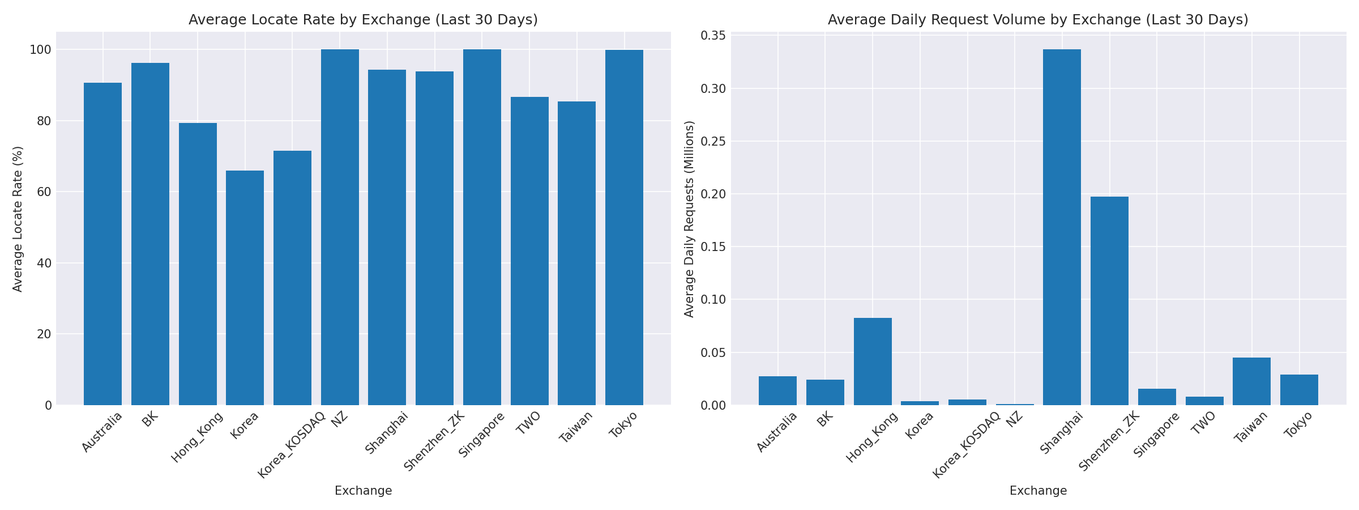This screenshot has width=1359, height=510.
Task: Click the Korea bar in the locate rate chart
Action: point(245,288)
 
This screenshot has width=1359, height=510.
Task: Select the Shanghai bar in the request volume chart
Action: point(1062,227)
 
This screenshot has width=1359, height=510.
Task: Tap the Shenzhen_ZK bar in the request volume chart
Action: point(1109,300)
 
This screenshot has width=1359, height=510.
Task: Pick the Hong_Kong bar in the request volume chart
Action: point(873,362)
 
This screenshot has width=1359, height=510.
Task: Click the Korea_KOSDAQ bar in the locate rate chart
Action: point(292,278)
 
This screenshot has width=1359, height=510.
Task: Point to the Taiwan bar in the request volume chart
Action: point(1251,381)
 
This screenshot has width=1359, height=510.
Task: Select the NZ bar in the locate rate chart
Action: point(340,227)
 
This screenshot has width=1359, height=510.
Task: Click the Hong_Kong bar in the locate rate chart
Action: point(198,264)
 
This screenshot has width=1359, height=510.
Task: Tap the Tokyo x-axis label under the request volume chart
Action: point(1298,425)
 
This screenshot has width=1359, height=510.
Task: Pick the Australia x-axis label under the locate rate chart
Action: point(102,432)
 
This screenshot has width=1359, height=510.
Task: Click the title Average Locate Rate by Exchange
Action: point(363,20)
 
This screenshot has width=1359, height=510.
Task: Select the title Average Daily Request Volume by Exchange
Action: point(1038,20)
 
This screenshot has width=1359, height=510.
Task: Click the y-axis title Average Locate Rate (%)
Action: point(18,219)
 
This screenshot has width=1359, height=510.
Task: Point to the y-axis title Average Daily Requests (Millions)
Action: point(689,219)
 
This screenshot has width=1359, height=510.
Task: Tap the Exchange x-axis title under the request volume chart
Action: point(1038,491)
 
